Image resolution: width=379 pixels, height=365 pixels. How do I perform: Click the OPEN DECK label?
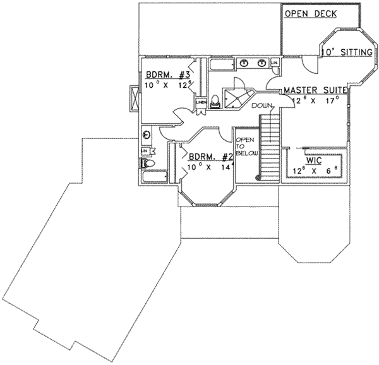click(x=310, y=14)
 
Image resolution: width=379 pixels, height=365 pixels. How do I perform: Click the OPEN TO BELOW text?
click(x=244, y=151)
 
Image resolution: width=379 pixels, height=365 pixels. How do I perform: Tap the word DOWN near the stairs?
click(x=261, y=106)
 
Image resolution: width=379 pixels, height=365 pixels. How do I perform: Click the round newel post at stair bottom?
click(x=258, y=176)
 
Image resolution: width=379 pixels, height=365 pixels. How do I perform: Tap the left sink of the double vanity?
click(x=244, y=63)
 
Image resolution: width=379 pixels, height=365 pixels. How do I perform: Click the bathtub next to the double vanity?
click(x=221, y=65)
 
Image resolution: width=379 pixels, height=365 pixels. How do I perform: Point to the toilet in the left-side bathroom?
click(x=148, y=164)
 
